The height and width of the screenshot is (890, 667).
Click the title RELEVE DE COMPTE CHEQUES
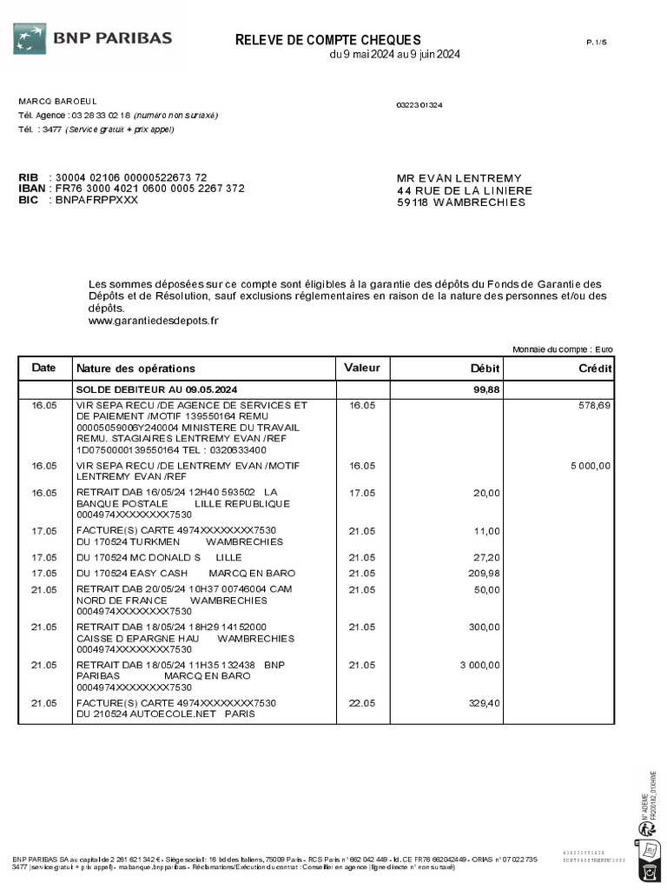coord(328,40)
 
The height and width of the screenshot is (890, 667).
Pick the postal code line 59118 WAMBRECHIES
coord(461,203)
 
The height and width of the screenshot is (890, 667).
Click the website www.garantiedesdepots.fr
coord(154,320)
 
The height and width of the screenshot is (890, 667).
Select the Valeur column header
coord(362,368)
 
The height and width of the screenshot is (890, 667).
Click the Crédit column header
coord(595,369)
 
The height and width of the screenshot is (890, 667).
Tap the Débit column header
coord(484,369)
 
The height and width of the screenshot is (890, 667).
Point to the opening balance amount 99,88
coord(486,389)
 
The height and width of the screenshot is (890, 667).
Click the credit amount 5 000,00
coord(591,466)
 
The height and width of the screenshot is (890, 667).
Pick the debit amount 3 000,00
coord(479,666)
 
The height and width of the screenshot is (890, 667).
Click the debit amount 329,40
coord(485,703)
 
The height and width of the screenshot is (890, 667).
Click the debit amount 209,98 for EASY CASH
coord(485,573)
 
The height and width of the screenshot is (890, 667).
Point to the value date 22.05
coord(362,703)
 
